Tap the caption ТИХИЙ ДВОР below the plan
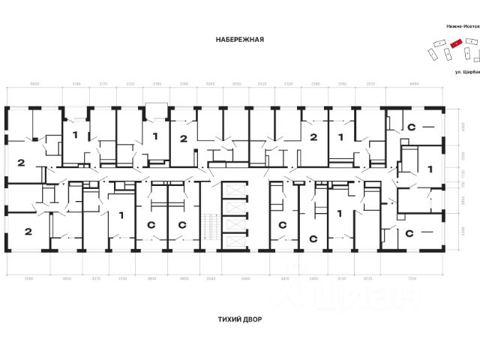tap(239, 318)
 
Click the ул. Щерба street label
tap(466, 73)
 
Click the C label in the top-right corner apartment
tap(411, 128)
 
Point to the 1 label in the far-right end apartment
tap(429, 170)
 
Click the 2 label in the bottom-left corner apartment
tap(27, 232)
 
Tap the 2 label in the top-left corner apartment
tap(21, 163)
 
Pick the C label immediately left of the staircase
tap(182, 224)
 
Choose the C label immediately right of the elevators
tap(283, 224)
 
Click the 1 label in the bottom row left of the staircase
tap(121, 215)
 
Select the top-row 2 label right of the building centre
tap(313, 137)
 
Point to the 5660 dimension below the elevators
tap(245, 277)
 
